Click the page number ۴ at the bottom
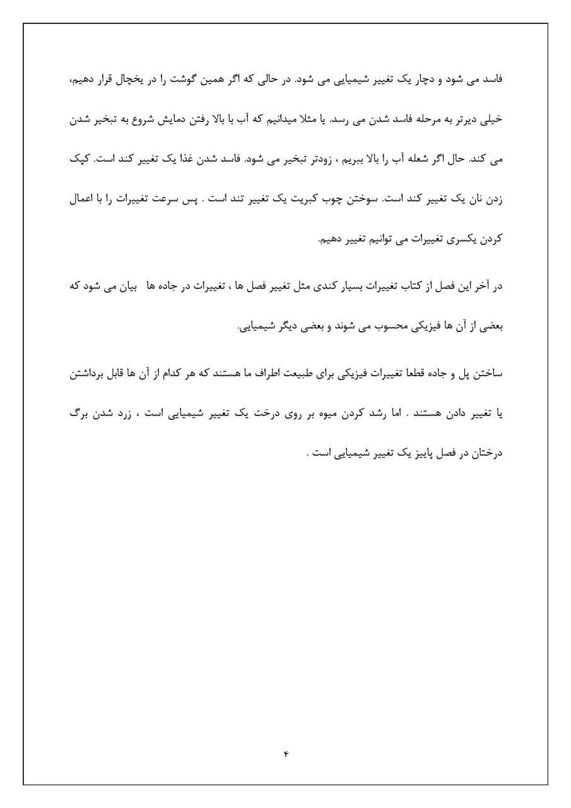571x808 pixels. (x=285, y=752)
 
